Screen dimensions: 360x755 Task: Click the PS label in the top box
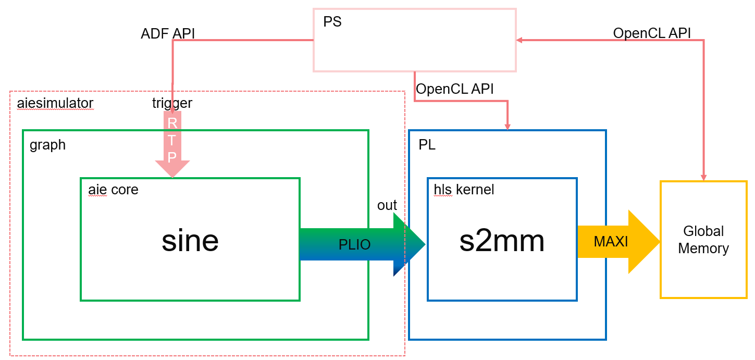pos(332,23)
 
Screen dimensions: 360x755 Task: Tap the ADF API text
pos(168,34)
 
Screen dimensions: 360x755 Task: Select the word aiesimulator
pos(55,103)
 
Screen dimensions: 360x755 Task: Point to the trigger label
pos(172,103)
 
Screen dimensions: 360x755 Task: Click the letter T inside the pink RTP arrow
pos(172,140)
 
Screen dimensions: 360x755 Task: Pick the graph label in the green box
pos(48,144)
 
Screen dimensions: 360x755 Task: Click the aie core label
pos(114,190)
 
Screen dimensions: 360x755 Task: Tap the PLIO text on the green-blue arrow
pos(355,244)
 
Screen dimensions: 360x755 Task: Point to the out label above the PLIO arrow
pos(387,205)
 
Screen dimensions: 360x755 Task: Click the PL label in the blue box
pos(427,145)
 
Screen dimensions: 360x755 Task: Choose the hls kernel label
pos(464,190)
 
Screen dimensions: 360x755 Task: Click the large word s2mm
pos(502,241)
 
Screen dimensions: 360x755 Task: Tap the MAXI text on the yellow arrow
pos(611,242)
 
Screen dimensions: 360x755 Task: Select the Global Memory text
pos(703,240)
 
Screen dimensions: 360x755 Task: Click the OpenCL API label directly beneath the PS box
pos(454,89)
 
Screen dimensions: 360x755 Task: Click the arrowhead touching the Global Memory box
pos(703,178)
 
